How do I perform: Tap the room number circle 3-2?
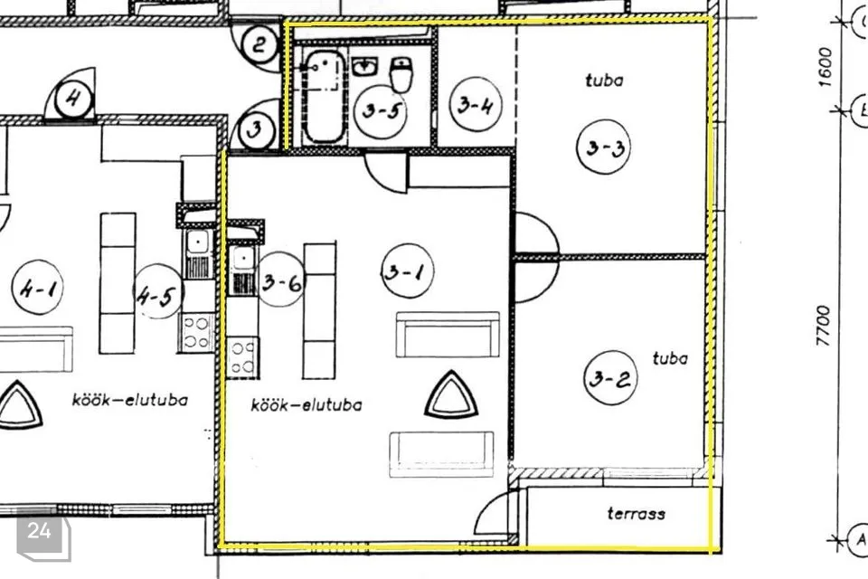(611, 379)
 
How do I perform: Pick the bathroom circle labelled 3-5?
(380, 112)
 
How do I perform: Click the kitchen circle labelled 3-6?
(281, 283)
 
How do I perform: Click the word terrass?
(636, 514)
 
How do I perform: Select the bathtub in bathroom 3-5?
(323, 96)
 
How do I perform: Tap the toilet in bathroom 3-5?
(402, 73)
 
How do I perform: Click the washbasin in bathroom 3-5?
(364, 66)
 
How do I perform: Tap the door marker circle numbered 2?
(260, 43)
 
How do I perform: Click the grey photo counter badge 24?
(40, 532)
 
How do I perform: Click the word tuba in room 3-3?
(604, 80)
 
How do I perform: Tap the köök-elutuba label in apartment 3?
(307, 406)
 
